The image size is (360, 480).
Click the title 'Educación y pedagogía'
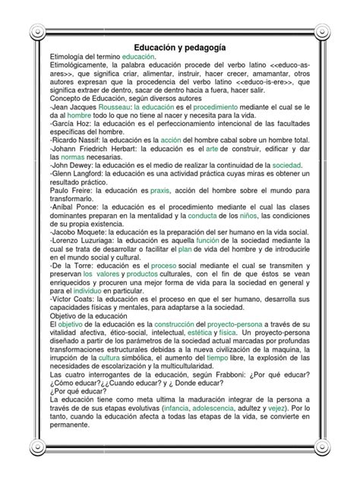pos(179,47)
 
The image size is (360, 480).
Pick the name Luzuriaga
pos(86,238)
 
